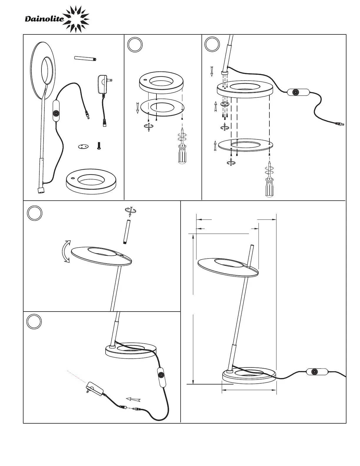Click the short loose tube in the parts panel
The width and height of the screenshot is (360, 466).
(86, 58)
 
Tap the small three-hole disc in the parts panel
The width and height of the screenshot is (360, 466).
(84, 147)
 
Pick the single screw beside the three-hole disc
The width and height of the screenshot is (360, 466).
(99, 146)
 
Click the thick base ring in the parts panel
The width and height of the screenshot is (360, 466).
(91, 181)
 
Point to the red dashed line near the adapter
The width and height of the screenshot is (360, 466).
(76, 376)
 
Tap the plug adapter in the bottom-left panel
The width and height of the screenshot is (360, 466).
(94, 390)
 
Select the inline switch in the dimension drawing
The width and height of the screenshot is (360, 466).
(317, 372)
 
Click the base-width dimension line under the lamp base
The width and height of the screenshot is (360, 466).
(249, 390)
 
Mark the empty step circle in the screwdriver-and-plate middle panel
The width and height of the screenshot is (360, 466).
(135, 45)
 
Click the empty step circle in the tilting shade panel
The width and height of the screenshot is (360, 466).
(35, 212)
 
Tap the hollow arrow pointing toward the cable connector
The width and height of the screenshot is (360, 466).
(133, 399)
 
